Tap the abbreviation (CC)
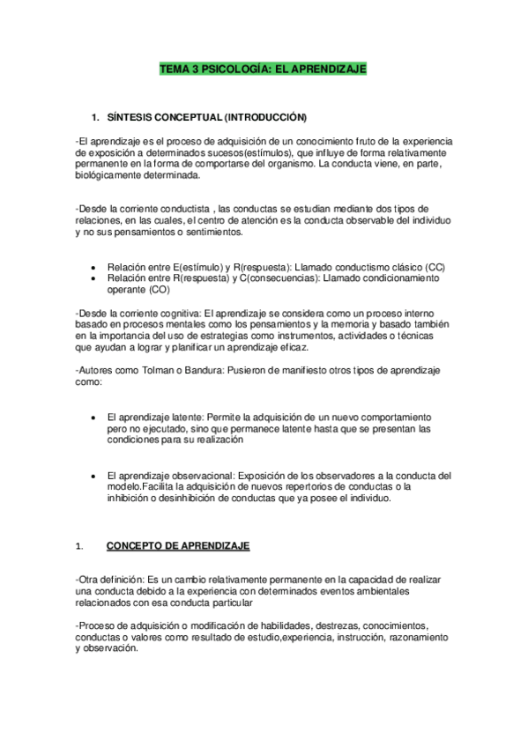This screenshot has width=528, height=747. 435,266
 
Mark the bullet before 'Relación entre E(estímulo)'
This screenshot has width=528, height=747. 94,266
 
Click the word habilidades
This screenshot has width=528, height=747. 300,624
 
